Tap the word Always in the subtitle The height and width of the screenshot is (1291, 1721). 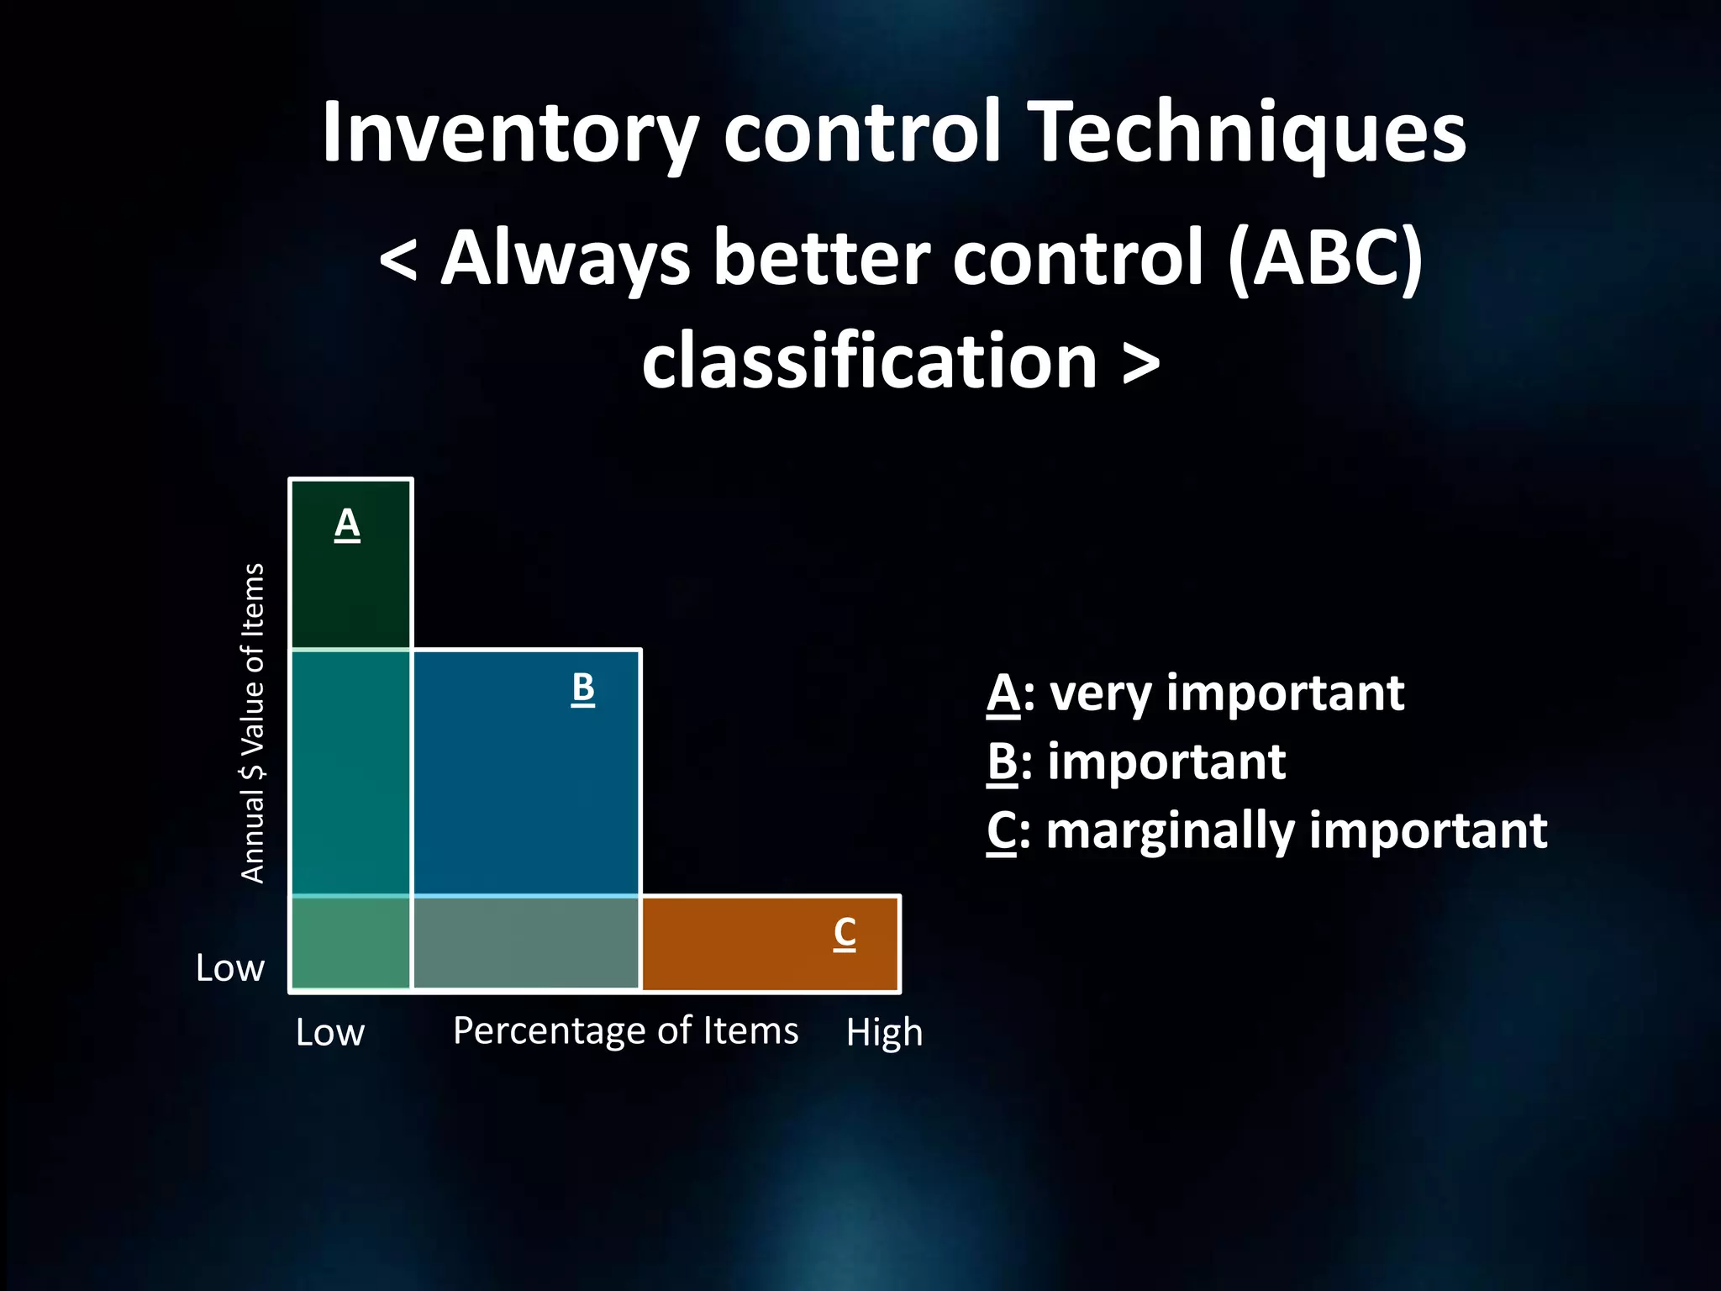coord(566,258)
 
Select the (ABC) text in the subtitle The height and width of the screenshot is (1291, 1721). coord(1325,258)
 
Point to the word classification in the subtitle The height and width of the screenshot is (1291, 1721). coord(870,361)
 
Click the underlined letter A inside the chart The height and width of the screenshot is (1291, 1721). coord(347,525)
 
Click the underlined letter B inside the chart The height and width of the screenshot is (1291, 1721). coord(582,688)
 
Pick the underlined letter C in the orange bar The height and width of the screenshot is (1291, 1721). coord(845,934)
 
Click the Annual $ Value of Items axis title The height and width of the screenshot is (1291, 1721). coord(253,723)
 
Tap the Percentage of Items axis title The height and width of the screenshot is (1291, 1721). coord(625,1030)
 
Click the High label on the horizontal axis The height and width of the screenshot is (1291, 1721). coord(884,1032)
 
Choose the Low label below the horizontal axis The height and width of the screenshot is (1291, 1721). coord(330,1032)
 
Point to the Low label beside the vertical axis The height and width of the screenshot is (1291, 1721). coord(230,968)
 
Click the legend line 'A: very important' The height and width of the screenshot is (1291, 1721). coord(1195,694)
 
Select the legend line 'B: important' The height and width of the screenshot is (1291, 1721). coord(1136,762)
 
